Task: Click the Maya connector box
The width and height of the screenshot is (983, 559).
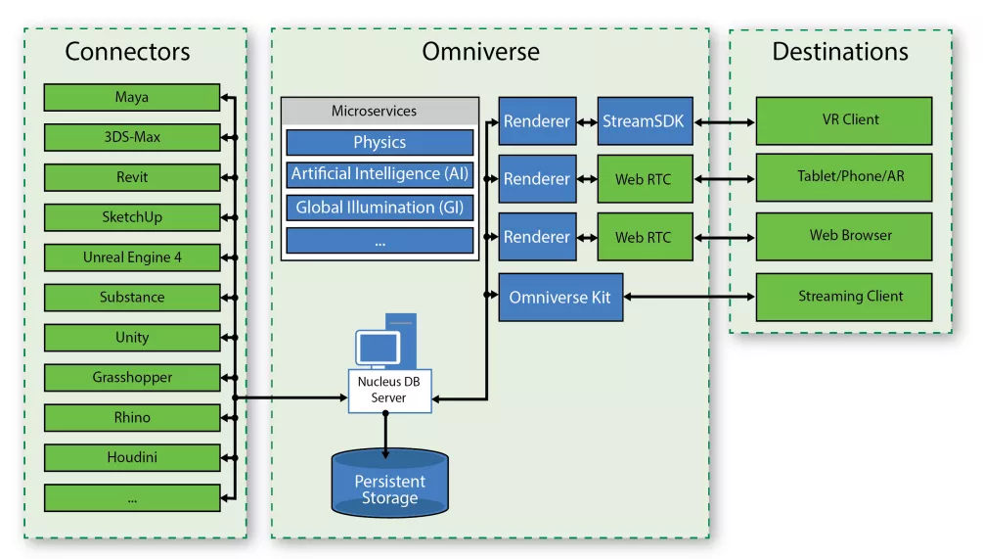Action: click(x=132, y=97)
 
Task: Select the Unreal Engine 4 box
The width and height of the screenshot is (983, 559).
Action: click(x=132, y=257)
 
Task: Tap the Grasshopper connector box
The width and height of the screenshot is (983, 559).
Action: click(x=132, y=377)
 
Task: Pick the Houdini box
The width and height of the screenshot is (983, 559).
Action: click(x=132, y=457)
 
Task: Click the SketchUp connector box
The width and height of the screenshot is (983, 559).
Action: click(x=132, y=217)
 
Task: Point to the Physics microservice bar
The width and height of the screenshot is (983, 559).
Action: click(x=380, y=143)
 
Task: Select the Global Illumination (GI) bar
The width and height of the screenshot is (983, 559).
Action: click(x=380, y=208)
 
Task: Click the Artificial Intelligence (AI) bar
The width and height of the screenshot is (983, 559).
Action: click(x=380, y=174)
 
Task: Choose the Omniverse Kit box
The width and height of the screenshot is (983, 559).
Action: click(x=559, y=298)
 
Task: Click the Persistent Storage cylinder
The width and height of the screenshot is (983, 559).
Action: click(x=389, y=485)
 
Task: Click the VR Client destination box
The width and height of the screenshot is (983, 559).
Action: click(x=843, y=120)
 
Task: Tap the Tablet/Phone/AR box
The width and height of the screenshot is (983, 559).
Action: click(x=843, y=178)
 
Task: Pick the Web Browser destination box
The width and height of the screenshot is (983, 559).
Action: click(x=843, y=236)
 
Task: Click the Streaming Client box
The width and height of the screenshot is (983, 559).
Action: click(x=843, y=297)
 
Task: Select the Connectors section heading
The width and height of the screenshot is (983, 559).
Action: click(x=127, y=51)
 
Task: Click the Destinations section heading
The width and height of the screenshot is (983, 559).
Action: click(x=840, y=51)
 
